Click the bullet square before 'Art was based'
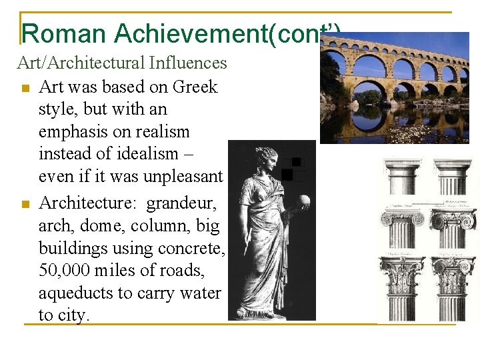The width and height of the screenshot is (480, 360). [25, 87]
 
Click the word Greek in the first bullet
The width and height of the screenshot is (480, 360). [195, 87]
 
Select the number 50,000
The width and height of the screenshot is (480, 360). [63, 271]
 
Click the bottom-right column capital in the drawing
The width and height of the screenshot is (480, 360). [453, 271]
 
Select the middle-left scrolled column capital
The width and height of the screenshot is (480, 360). [401, 219]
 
